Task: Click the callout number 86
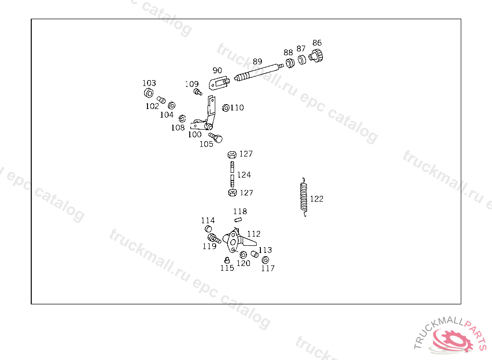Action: [x=317, y=43]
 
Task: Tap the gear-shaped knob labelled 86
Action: [x=316, y=55]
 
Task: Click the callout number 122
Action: [x=317, y=199]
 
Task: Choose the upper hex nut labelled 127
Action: [x=232, y=155]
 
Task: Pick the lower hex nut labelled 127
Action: [x=232, y=193]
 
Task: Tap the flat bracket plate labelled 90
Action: [x=219, y=84]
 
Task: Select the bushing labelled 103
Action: [x=148, y=93]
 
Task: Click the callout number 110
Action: [x=237, y=108]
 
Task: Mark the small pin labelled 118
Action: [x=236, y=220]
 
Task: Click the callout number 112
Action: [x=254, y=234]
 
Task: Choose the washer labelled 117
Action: [x=265, y=260]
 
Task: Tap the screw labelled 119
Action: [x=214, y=238]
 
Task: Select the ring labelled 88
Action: [x=290, y=63]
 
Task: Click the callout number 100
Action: [x=195, y=135]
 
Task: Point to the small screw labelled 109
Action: [x=197, y=92]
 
